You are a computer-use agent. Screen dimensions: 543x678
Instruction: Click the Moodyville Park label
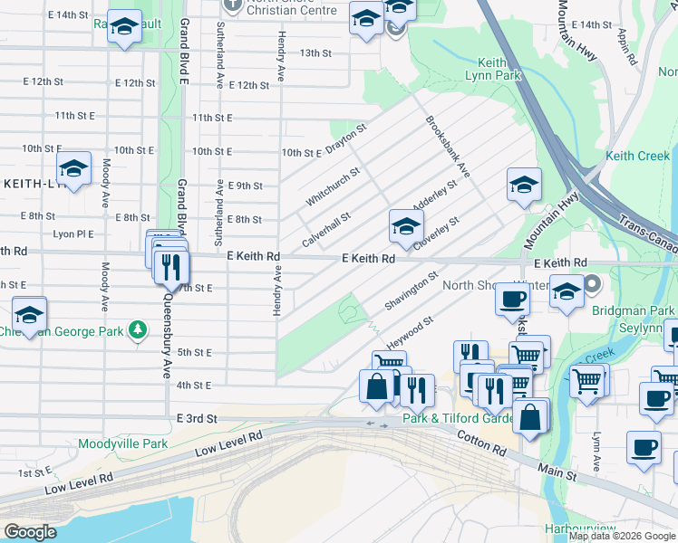pos(123,443)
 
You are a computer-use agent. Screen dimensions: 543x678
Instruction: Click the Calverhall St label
pos(326,231)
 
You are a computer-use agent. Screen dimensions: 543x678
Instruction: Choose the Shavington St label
pos(411,291)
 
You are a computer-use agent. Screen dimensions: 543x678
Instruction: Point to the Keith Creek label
pos(637,156)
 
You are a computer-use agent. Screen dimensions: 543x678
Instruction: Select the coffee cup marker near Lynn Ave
pos(644,446)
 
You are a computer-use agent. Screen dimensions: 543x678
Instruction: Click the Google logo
pos(30,532)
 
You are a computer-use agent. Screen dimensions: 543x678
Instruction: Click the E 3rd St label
pos(198,419)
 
